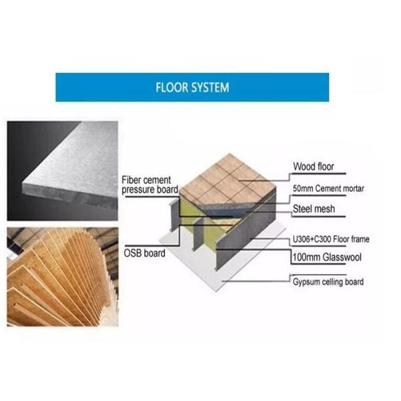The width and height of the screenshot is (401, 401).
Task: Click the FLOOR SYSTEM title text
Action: pos(192,88)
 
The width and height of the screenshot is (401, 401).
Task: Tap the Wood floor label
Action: pos(313,166)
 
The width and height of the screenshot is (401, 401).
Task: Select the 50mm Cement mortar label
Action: pos(329,189)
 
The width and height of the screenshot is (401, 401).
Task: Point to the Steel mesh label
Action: pos(313,209)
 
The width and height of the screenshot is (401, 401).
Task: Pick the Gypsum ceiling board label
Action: pos(328,282)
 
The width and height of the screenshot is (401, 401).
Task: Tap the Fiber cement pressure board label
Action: pos(147,185)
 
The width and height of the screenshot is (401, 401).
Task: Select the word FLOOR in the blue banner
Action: pos(169,88)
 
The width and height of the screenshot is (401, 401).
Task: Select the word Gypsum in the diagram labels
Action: pos(307,282)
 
